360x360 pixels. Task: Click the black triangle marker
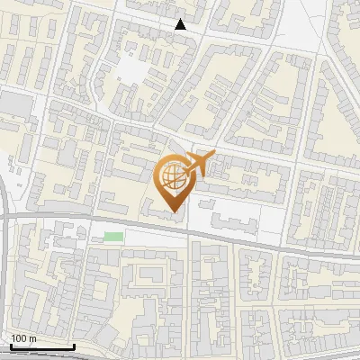pos(181,24)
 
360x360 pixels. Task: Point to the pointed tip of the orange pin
pos(172,212)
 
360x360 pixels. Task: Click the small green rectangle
pos(113,237)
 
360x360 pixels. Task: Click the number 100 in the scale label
pos(19,338)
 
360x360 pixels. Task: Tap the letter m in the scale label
pos(32,338)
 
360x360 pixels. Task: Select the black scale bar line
pos(42,346)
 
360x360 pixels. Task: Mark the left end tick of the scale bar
pos(11,345)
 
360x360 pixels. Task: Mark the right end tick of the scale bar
pos(75,345)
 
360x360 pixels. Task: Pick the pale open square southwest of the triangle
pos(134,67)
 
